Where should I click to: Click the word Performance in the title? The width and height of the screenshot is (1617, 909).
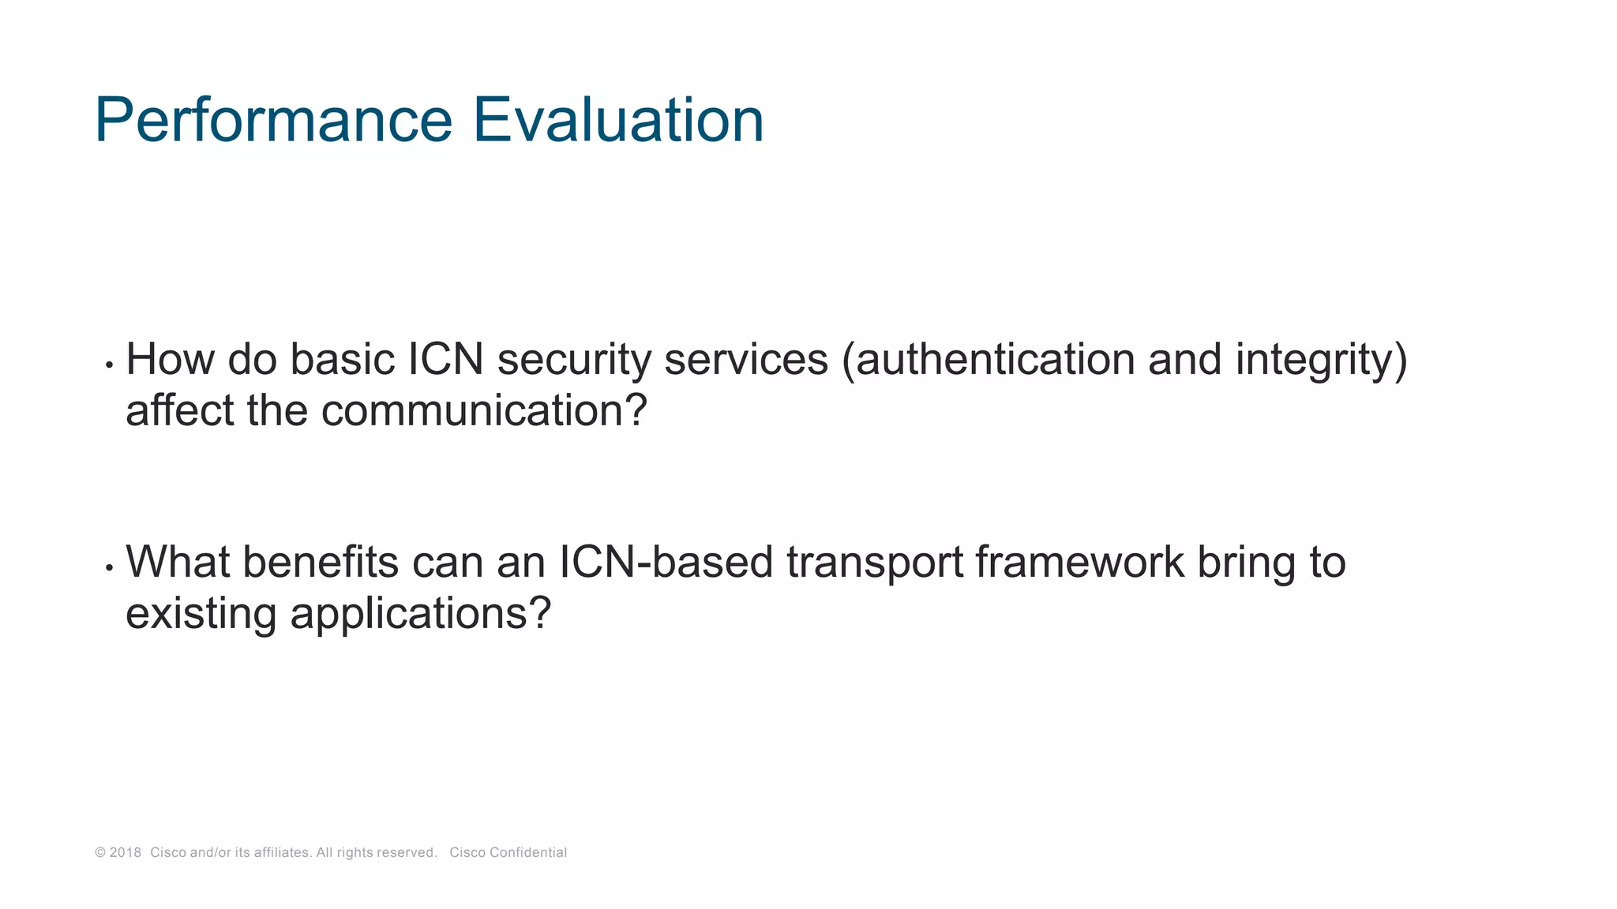click(273, 120)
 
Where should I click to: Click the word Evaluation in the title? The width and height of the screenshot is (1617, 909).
click(618, 120)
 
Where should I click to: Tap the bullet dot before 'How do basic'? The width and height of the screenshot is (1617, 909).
click(109, 365)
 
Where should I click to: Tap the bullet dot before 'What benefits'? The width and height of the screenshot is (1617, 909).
click(109, 568)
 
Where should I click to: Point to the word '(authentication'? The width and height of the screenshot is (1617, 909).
click(987, 360)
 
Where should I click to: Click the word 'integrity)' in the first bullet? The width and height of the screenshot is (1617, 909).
click(1321, 360)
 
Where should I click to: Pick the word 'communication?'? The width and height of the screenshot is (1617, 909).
click(484, 411)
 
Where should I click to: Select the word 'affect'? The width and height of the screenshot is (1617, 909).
click(179, 411)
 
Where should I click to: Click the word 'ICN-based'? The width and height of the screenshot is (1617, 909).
click(666, 563)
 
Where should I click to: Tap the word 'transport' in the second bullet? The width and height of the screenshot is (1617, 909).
click(874, 563)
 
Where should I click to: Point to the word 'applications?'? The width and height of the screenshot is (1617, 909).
click(420, 614)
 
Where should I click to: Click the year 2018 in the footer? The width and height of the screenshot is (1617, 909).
click(125, 852)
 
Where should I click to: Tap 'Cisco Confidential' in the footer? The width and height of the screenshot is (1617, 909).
click(508, 852)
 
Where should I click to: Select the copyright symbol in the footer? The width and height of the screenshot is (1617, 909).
click(99, 852)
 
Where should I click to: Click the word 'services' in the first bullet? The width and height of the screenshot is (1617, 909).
click(746, 360)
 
